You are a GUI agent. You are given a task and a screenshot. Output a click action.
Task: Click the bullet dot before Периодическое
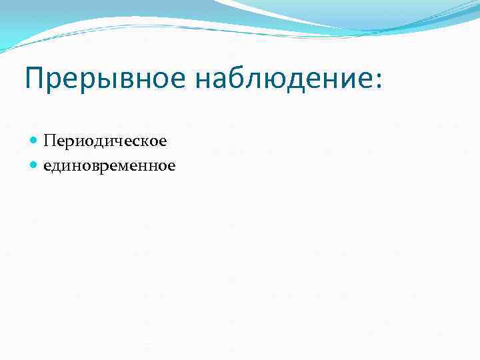tap(35, 141)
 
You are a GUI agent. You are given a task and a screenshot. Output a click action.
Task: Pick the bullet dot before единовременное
tap(35, 165)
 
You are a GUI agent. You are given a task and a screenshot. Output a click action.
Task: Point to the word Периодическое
tap(105, 141)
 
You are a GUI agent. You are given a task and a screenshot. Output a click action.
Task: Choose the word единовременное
tap(109, 165)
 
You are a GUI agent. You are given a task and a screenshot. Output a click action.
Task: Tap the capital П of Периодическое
tap(49, 141)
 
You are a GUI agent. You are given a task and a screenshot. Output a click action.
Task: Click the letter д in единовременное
tap(59, 167)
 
